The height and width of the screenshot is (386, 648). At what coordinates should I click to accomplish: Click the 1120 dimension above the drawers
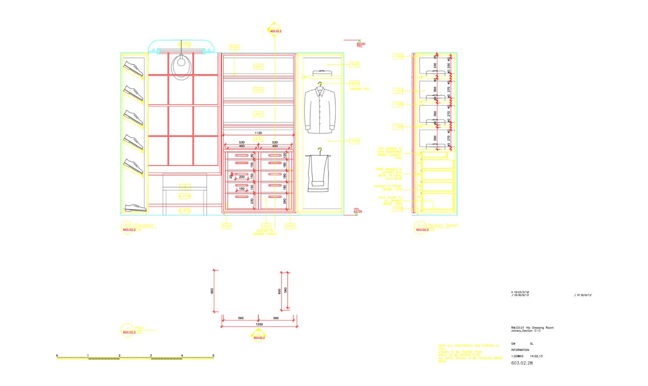pyautogui.click(x=258, y=133)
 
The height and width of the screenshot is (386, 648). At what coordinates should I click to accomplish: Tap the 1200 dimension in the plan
pyautogui.click(x=259, y=324)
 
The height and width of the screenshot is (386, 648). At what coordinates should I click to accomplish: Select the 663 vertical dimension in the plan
pyautogui.click(x=212, y=291)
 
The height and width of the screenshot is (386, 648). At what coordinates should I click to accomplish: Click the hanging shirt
pyautogui.click(x=320, y=108)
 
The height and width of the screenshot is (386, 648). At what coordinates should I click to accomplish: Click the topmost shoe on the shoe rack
pyautogui.click(x=133, y=68)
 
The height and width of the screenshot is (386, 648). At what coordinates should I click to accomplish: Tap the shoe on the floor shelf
pyautogui.click(x=135, y=207)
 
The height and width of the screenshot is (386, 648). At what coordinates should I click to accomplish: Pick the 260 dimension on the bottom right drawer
pyautogui.click(x=285, y=201)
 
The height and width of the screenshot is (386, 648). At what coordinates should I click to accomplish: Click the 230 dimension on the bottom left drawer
pyautogui.click(x=252, y=201)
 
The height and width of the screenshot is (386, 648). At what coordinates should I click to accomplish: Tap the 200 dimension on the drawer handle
pyautogui.click(x=242, y=177)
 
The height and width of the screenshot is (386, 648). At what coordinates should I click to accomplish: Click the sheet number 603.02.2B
pyautogui.click(x=522, y=363)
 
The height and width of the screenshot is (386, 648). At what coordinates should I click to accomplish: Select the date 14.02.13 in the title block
pyautogui.click(x=537, y=356)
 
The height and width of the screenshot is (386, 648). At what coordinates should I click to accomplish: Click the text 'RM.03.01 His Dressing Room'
pyautogui.click(x=532, y=328)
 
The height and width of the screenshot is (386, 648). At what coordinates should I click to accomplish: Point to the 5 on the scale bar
pyautogui.click(x=213, y=356)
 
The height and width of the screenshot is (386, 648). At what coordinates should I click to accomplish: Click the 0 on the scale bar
pyautogui.click(x=57, y=356)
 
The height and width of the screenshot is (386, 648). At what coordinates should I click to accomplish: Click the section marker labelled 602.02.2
pyautogui.click(x=275, y=31)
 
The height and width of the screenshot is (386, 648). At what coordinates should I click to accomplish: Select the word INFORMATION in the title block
pyautogui.click(x=520, y=350)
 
